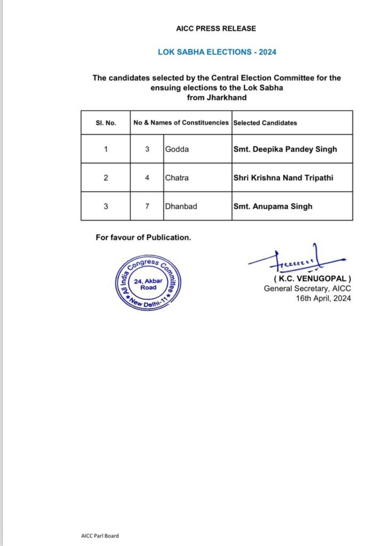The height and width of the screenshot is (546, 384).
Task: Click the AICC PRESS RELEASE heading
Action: click(216, 28)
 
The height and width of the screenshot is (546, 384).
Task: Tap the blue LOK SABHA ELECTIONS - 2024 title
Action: click(217, 52)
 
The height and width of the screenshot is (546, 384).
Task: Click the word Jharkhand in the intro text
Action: click(217, 97)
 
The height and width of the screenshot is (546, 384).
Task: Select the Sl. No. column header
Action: click(106, 123)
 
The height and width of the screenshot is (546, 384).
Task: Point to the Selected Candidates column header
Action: click(265, 123)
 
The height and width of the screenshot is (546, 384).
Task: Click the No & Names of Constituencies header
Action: click(181, 123)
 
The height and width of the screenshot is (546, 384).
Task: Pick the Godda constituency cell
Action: click(177, 149)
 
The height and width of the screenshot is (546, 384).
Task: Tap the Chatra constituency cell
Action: click(177, 178)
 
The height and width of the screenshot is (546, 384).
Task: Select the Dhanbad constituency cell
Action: click(181, 206)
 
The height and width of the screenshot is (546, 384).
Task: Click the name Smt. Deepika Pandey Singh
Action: click(285, 149)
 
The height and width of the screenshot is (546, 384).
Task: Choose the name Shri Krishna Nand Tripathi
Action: click(283, 178)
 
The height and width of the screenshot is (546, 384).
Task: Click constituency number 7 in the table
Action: click(147, 206)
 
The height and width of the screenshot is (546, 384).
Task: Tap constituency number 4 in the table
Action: click(147, 178)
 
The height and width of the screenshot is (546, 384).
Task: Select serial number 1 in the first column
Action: click(106, 149)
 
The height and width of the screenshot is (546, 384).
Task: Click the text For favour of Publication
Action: click(143, 238)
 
